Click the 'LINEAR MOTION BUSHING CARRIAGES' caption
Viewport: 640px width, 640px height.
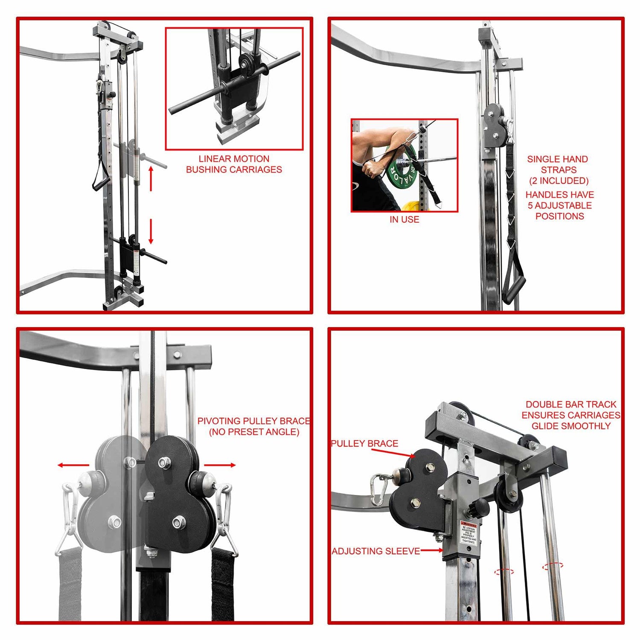234,164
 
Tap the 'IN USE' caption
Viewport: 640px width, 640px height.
404,220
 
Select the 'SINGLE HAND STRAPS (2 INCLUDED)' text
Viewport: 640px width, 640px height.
558,170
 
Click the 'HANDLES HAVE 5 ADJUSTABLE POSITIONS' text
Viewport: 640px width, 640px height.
559,205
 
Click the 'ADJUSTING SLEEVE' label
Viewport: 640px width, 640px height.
376,551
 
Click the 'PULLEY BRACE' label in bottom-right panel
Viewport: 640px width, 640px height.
364,444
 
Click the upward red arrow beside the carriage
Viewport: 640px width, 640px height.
151,178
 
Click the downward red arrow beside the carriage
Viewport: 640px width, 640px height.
151,232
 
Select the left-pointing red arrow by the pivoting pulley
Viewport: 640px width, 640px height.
73,465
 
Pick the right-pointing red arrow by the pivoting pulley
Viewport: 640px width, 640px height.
220,465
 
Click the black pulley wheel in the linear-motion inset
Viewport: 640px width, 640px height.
246,64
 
